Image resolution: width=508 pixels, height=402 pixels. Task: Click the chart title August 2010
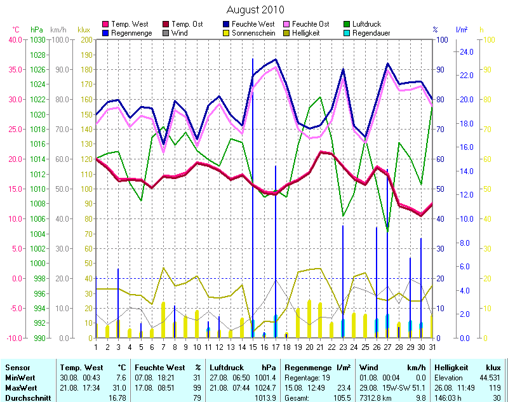coord(255,10)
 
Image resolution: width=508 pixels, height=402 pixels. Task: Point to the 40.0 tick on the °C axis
coord(14,40)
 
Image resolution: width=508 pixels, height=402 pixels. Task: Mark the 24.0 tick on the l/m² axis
coord(466,52)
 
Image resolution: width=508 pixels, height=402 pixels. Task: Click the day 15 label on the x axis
coord(252,347)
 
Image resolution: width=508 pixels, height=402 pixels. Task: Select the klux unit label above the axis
coord(84,30)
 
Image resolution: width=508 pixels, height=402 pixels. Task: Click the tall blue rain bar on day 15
coord(253,191)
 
